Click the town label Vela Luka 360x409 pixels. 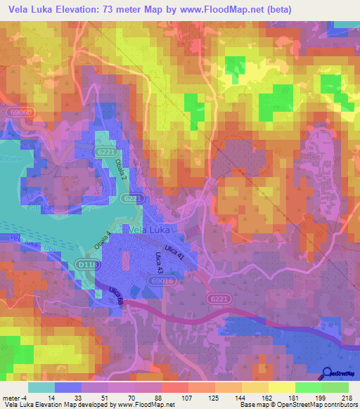pos(150,229)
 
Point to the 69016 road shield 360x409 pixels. pos(162,280)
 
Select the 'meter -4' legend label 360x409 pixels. pos(13,398)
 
